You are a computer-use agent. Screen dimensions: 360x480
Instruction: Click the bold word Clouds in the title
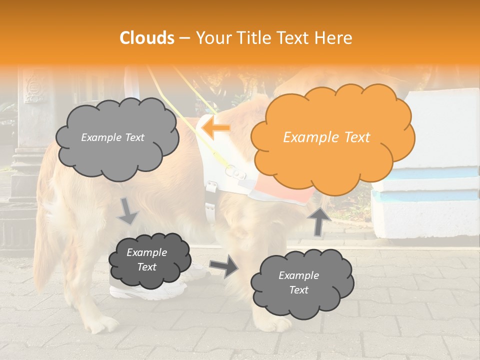(x=146, y=38)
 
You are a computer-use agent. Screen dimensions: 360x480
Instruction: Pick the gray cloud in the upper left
(x=116, y=137)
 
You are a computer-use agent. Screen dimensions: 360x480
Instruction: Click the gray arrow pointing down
(x=128, y=211)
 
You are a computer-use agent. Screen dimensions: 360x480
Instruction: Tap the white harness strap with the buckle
(x=210, y=200)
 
